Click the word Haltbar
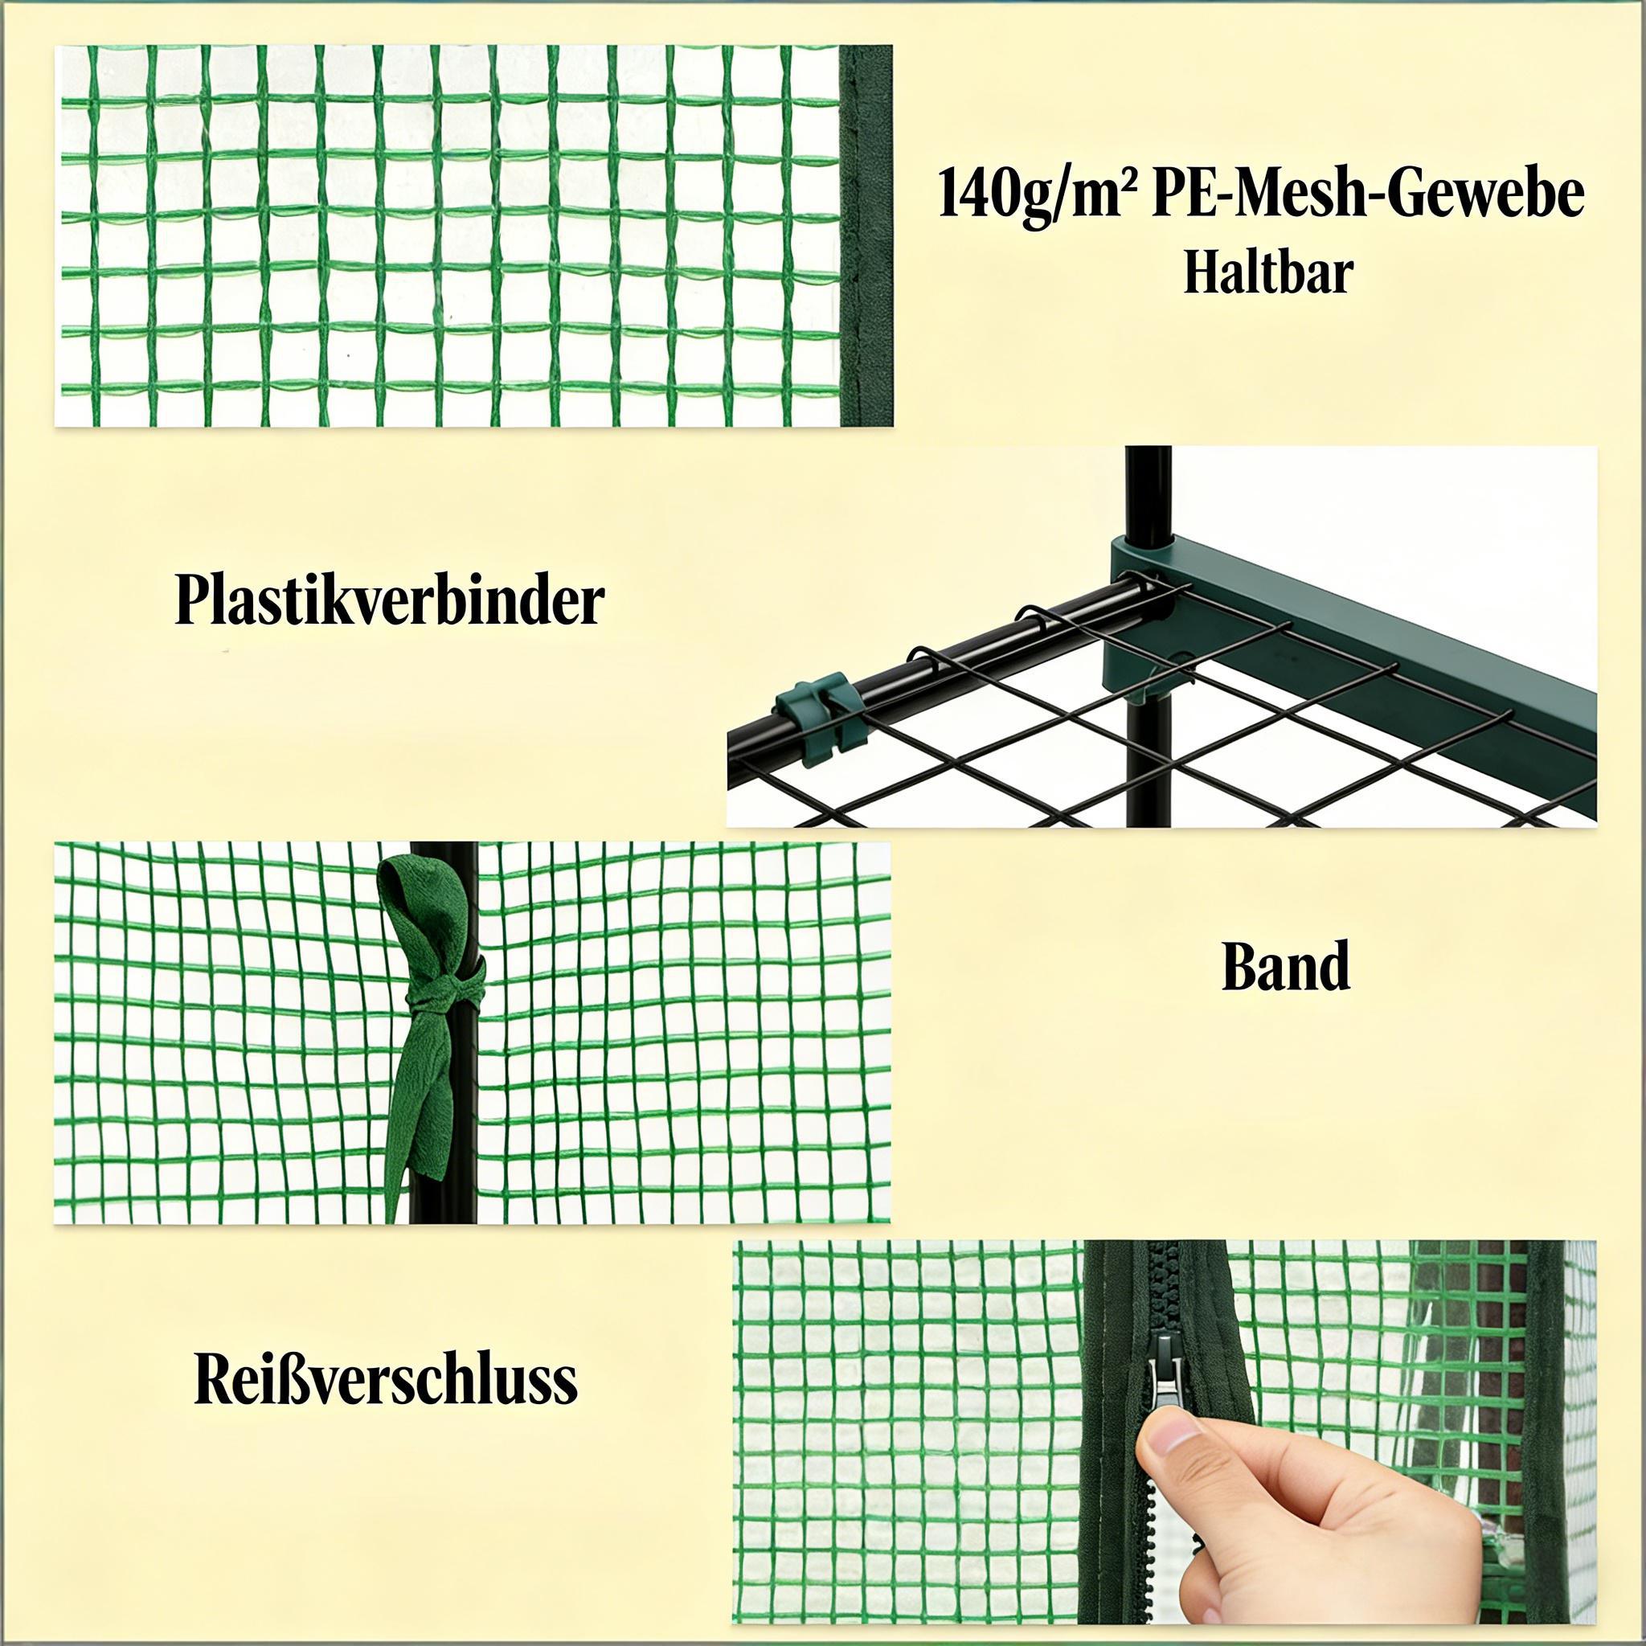[1268, 273]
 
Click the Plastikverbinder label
[390, 601]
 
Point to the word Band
[1286, 966]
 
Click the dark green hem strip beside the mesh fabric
[866, 236]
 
